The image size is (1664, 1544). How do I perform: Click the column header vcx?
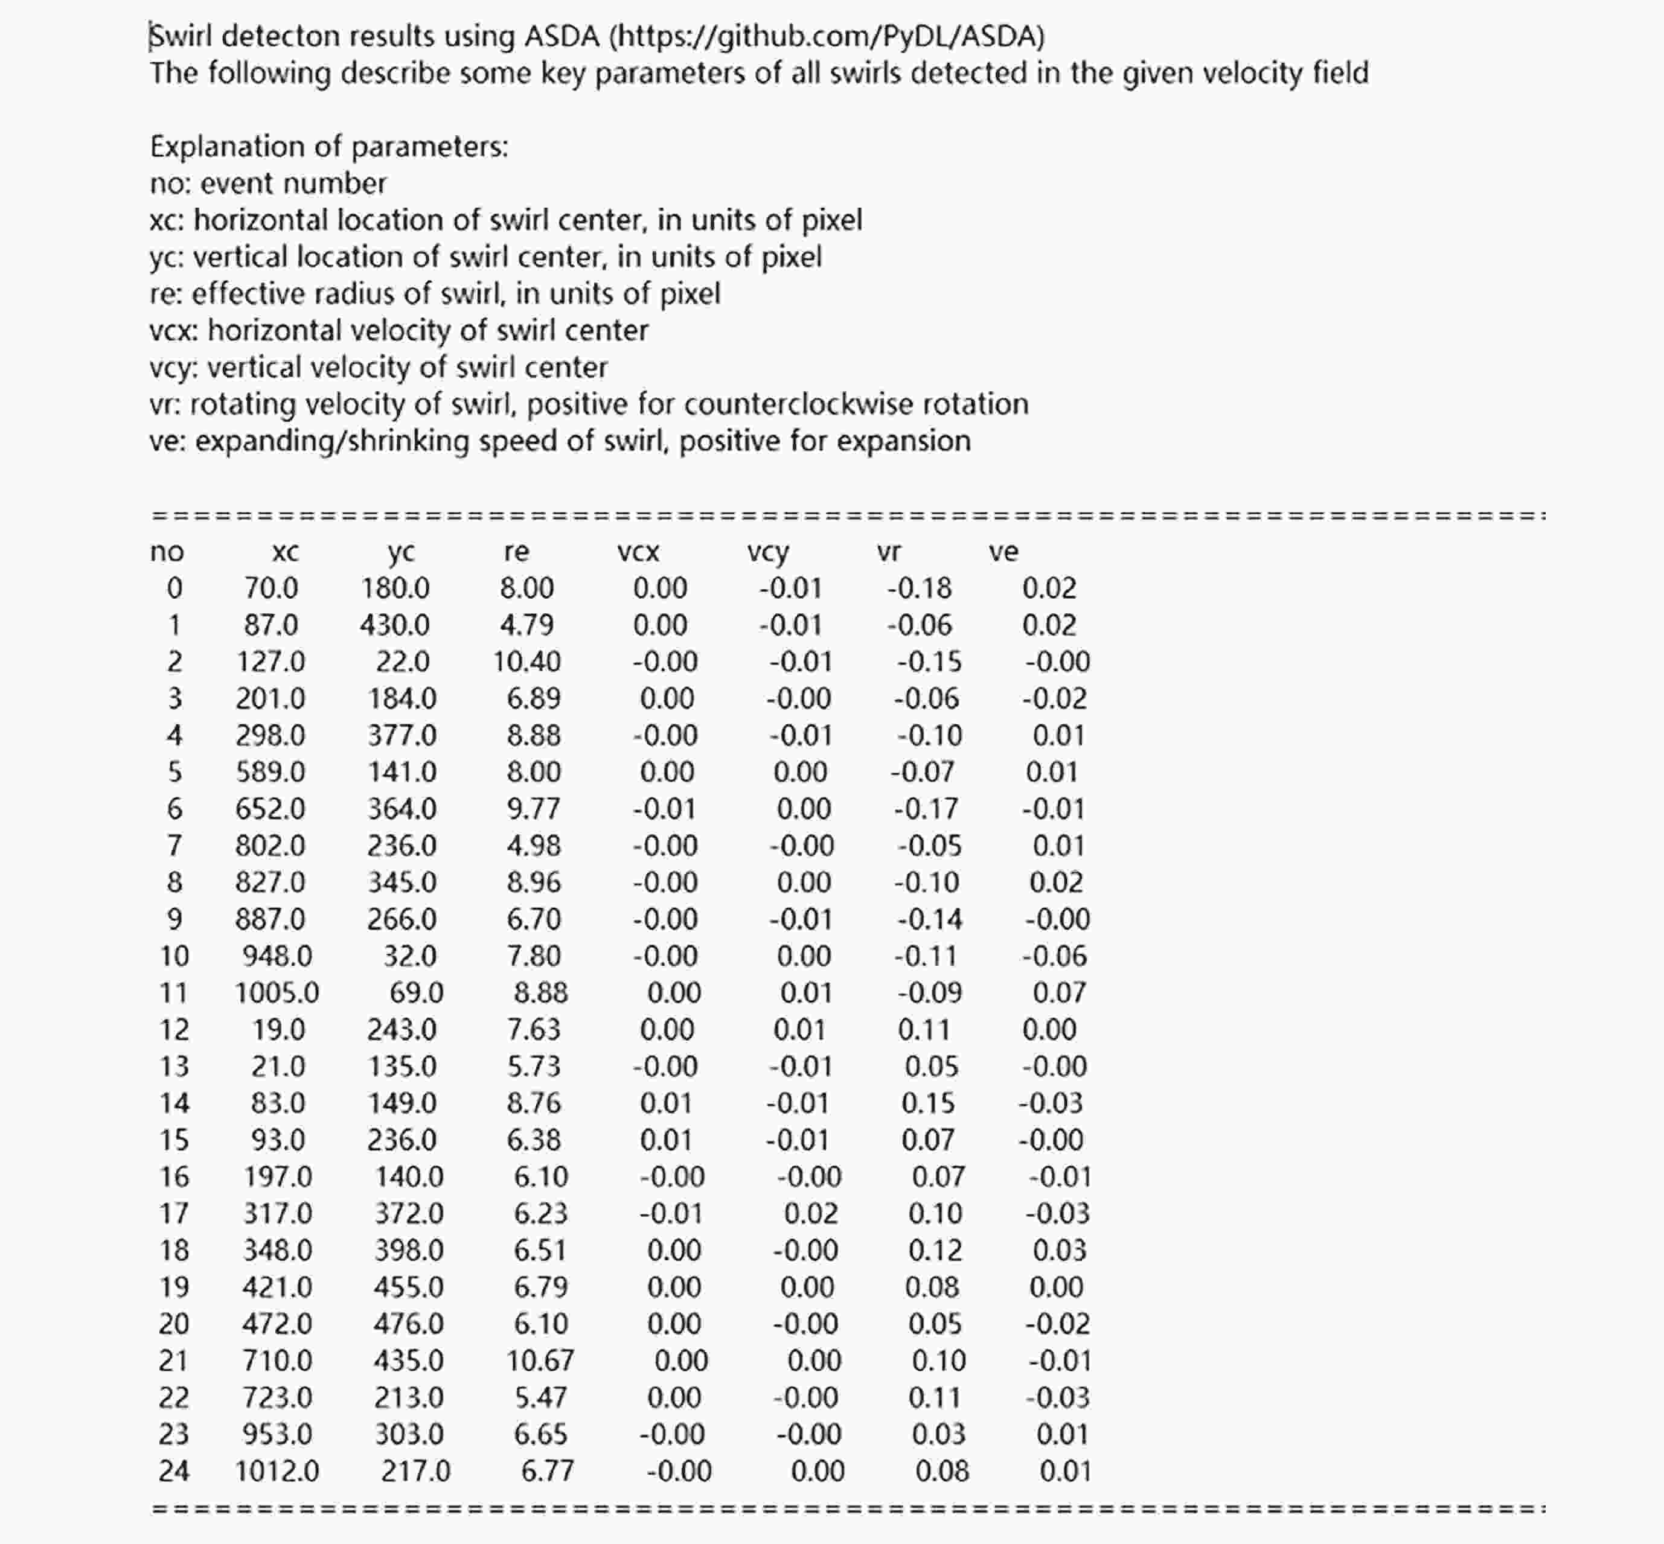click(639, 552)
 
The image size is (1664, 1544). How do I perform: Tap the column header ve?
click(1003, 552)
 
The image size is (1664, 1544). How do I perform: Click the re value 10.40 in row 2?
click(526, 662)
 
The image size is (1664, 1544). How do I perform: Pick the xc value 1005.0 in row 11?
click(277, 992)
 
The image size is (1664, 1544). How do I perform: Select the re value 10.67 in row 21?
click(540, 1360)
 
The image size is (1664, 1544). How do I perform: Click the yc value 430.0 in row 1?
click(394, 625)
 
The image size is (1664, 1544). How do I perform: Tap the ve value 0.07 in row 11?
click(1059, 992)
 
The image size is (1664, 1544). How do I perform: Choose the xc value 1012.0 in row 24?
click(277, 1470)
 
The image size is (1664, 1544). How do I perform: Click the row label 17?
click(174, 1213)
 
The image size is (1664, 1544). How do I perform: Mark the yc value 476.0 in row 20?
click(408, 1324)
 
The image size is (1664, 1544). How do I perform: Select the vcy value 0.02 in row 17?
click(810, 1213)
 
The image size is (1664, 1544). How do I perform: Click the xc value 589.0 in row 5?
click(270, 772)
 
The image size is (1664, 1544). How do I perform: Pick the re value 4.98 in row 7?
click(533, 846)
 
